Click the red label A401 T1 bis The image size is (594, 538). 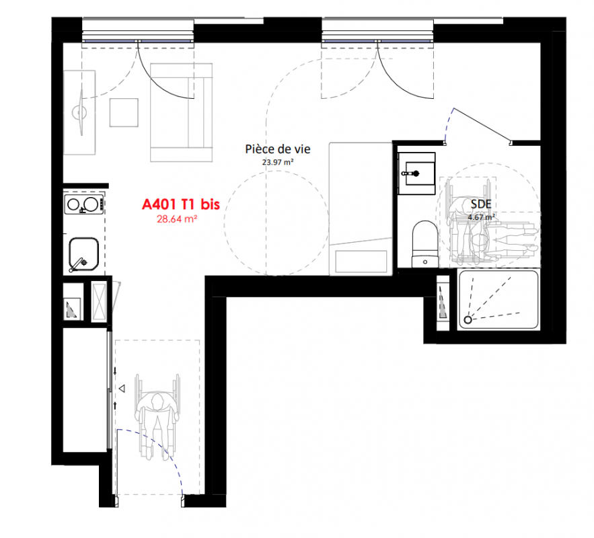coord(181,204)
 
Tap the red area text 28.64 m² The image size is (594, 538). coord(176,219)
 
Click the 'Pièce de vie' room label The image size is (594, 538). coord(278,149)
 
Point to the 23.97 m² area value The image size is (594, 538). coord(278,162)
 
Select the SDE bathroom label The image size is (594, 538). coord(481,204)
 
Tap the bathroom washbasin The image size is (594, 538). coord(416,174)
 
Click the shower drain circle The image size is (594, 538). coord(468,320)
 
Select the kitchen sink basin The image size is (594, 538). coord(83,254)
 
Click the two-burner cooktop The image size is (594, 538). coord(83,204)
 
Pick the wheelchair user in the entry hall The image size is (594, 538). coord(157,416)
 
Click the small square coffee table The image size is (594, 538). coord(124,112)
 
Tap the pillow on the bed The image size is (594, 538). coord(361,261)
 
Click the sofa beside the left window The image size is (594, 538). coord(182,112)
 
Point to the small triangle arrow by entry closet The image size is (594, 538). coord(122,389)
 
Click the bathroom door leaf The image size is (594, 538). coord(481,126)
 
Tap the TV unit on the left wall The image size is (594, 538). coord(79,112)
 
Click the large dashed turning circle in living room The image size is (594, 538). coord(276,223)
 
